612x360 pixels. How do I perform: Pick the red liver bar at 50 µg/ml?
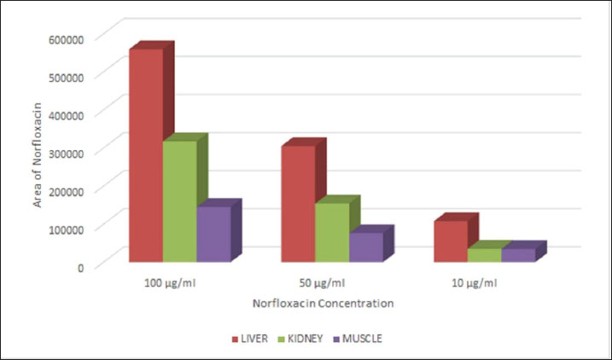[x=298, y=204]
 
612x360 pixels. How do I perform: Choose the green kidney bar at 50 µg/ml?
[x=331, y=232]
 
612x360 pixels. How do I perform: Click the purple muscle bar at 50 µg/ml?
[x=365, y=247]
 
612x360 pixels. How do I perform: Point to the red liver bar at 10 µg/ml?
[x=450, y=241]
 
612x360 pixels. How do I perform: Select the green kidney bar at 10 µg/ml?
[x=484, y=254]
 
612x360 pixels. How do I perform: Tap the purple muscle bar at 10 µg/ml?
[x=517, y=254]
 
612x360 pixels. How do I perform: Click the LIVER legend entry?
[x=253, y=339]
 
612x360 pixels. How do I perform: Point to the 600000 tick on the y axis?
[x=66, y=38]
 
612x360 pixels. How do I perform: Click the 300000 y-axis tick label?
[x=66, y=153]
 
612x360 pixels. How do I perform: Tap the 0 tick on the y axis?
[x=80, y=266]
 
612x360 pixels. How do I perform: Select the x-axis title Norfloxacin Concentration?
[x=323, y=303]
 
